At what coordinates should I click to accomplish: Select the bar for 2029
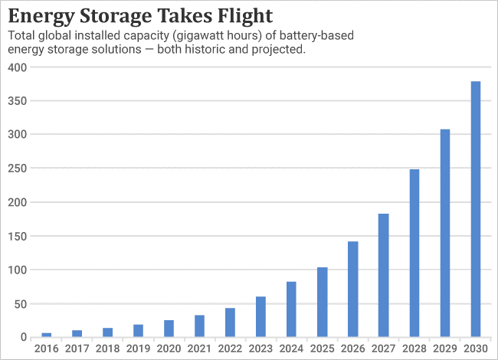tap(445, 233)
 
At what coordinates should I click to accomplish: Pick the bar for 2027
tap(384, 275)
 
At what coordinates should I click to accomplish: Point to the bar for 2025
tap(323, 302)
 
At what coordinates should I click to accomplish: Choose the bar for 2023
tap(261, 316)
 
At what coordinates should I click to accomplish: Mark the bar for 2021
tap(199, 326)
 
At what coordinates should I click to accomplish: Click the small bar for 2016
tap(47, 335)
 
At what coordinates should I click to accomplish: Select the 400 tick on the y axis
tap(17, 67)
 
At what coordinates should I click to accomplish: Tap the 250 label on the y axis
tap(17, 169)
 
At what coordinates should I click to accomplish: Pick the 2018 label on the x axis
tap(108, 349)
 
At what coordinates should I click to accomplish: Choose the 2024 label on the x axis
tap(291, 349)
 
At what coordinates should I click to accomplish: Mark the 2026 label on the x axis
tap(352, 349)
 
